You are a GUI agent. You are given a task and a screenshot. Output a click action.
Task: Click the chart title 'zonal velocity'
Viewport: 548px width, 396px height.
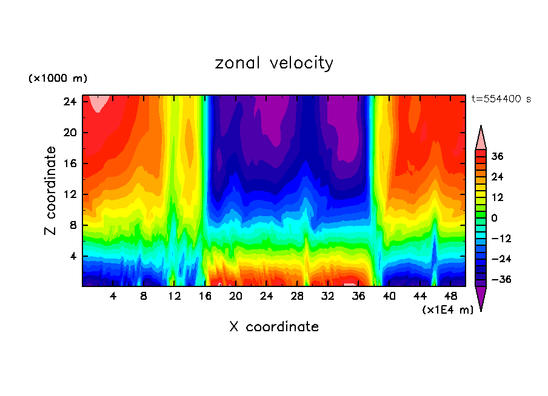(x=274, y=63)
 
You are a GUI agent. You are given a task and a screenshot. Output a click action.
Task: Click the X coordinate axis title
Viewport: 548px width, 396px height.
(x=274, y=327)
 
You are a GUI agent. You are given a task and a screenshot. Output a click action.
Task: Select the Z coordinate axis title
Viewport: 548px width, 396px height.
(x=51, y=191)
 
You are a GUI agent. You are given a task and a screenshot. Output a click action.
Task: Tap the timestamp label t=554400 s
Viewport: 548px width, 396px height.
(x=501, y=99)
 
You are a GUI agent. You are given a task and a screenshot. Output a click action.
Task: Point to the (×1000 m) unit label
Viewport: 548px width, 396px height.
(x=58, y=79)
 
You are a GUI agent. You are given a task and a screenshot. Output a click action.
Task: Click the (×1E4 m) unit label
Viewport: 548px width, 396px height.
(x=447, y=310)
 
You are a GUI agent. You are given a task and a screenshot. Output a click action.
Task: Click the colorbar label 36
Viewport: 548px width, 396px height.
(x=497, y=156)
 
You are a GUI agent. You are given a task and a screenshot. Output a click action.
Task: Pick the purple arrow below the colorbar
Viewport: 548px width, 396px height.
(x=481, y=297)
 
